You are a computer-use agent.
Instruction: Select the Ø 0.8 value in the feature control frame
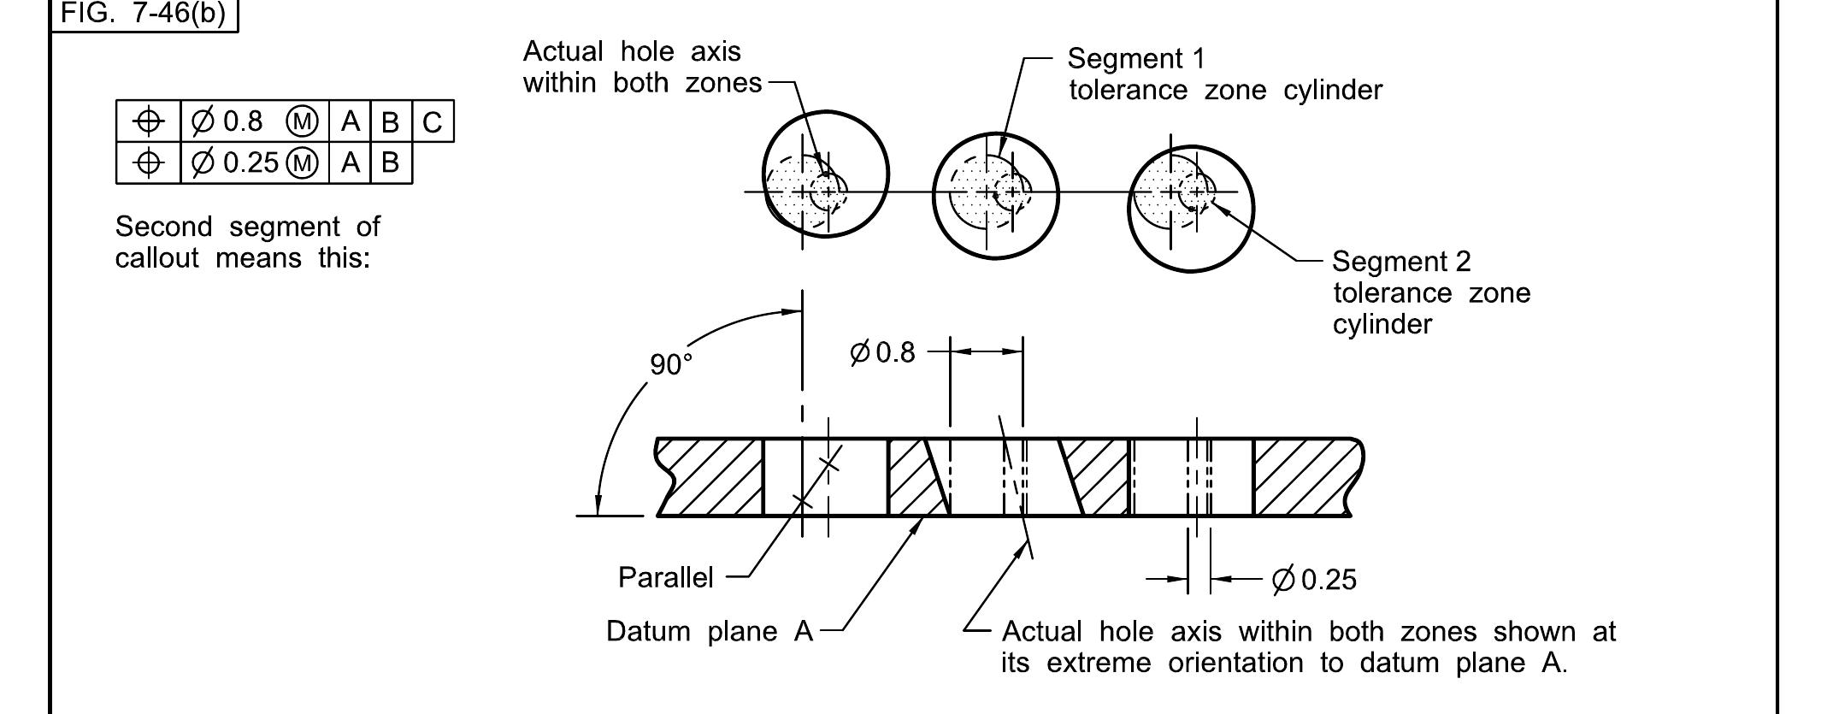(227, 121)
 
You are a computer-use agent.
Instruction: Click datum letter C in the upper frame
(433, 122)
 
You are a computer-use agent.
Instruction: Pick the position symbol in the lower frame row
(149, 162)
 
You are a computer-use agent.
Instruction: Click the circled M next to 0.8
(302, 122)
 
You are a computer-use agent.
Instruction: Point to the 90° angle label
(670, 364)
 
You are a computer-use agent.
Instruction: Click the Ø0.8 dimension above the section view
(882, 351)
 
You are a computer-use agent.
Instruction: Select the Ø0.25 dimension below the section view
(1314, 580)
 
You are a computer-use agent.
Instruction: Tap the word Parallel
(665, 578)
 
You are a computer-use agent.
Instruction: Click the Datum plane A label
(709, 631)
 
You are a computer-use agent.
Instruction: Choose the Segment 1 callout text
(1136, 59)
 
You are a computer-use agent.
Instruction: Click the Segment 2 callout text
(1401, 262)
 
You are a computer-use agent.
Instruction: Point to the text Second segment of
(247, 227)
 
